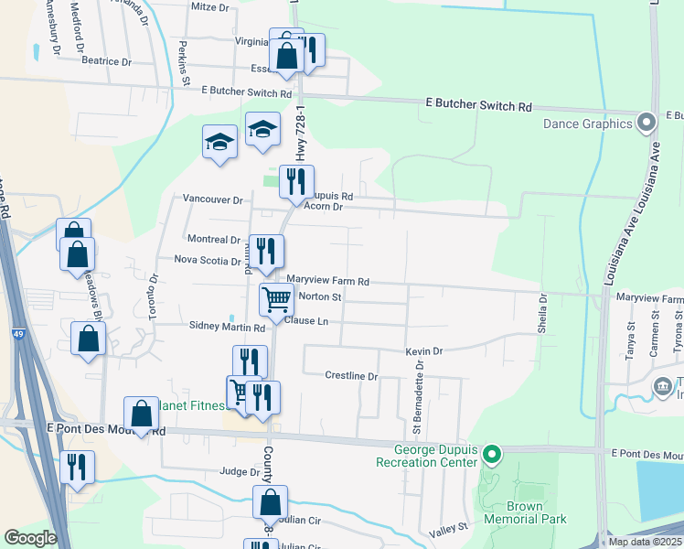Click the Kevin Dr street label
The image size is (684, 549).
[x=424, y=350]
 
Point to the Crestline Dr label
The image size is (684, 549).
[x=351, y=376]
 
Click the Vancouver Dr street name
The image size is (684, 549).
[x=212, y=199]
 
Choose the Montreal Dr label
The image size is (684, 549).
[x=213, y=239]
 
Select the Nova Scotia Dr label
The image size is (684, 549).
[x=208, y=260]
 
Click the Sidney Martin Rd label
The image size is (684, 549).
[x=227, y=326]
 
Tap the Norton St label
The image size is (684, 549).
[x=320, y=296]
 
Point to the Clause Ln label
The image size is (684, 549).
[x=305, y=321]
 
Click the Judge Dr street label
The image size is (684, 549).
[x=240, y=472]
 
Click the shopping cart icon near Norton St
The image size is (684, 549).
[x=275, y=298]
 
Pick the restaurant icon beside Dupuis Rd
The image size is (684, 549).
[x=296, y=181]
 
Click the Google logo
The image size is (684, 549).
[x=30, y=538]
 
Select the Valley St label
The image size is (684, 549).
[x=449, y=528]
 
